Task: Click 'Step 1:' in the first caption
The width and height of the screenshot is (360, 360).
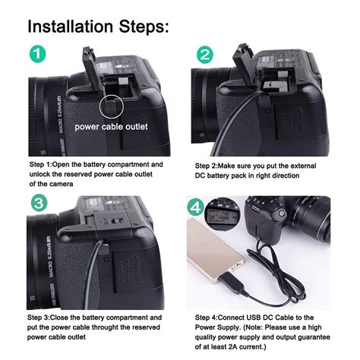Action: pos(42,164)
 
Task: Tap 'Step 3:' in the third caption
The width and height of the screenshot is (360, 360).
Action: pos(42,317)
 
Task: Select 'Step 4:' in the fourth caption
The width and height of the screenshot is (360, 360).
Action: pos(207,317)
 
